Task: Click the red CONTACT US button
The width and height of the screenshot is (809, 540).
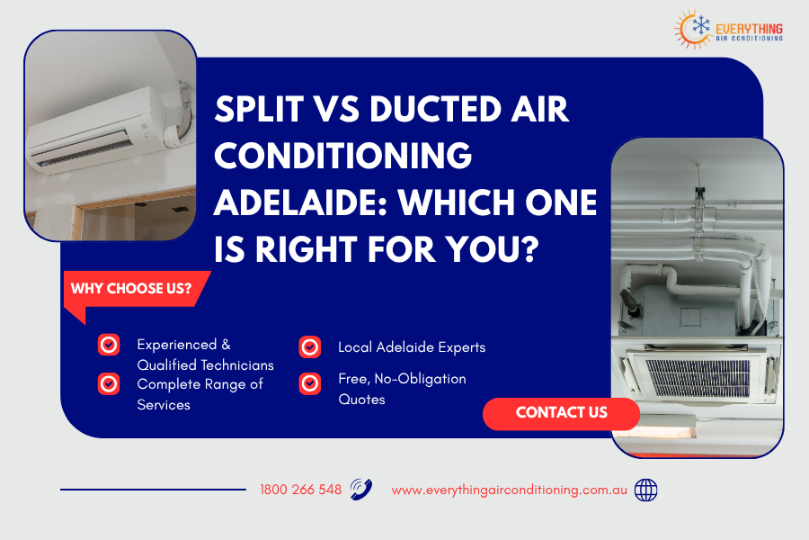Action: click(561, 413)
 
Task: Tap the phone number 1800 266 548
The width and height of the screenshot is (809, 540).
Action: click(300, 490)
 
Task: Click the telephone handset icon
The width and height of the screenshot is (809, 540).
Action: click(361, 489)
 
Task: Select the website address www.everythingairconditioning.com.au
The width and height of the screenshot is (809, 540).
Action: click(509, 490)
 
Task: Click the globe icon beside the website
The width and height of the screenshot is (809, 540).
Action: click(645, 490)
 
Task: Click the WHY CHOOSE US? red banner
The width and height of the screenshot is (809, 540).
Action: click(131, 289)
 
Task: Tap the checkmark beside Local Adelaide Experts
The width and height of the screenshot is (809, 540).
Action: click(310, 346)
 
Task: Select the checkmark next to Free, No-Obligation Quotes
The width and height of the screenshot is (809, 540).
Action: click(310, 383)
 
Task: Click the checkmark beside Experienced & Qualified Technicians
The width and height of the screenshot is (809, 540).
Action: click(109, 344)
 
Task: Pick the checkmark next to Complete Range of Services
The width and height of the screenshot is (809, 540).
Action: click(109, 383)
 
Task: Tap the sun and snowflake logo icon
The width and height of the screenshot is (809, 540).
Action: click(694, 28)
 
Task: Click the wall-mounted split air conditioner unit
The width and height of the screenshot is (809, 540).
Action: click(94, 135)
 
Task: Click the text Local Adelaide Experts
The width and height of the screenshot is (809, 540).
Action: click(411, 346)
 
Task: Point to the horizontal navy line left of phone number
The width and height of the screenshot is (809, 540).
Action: click(153, 490)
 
